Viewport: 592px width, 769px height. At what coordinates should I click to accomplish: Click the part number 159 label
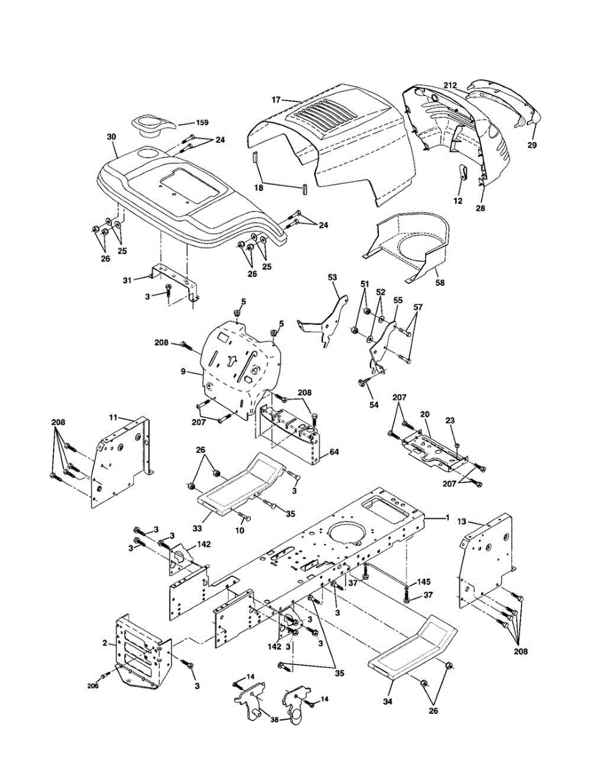[x=202, y=123]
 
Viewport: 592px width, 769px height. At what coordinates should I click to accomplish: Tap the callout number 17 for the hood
[x=276, y=100]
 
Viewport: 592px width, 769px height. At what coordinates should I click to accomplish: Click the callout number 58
[x=440, y=283]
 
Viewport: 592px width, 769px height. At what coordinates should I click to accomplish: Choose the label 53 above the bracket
[x=332, y=277]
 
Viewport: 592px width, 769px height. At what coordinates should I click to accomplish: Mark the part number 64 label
[x=334, y=452]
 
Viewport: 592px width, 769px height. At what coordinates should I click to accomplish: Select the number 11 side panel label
[x=113, y=418]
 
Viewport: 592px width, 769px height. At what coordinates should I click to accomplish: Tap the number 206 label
[x=93, y=686]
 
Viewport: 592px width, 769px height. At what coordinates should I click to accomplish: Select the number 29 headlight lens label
[x=532, y=145]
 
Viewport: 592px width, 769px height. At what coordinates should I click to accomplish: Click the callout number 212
[x=451, y=85]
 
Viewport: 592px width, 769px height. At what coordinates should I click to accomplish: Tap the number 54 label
[x=374, y=404]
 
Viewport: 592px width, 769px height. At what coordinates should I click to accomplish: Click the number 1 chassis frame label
[x=447, y=517]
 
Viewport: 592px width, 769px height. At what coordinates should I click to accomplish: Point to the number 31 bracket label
[x=127, y=280]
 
